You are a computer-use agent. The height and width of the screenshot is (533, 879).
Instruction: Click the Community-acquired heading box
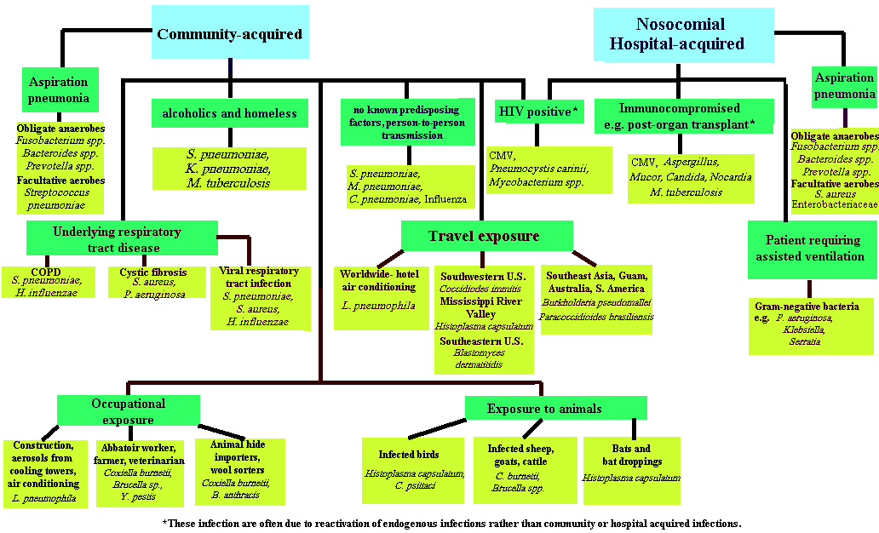[230, 34]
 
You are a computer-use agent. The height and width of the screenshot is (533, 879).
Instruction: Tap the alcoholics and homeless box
[229, 113]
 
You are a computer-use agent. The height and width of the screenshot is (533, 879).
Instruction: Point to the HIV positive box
[537, 112]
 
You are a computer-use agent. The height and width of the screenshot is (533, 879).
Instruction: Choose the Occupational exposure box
[128, 410]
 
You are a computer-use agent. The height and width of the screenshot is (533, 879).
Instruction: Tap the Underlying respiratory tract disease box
[123, 239]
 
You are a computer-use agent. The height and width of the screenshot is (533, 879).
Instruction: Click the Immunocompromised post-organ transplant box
[684, 115]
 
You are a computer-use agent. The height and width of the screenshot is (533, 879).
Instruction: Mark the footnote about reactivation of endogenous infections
[451, 523]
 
